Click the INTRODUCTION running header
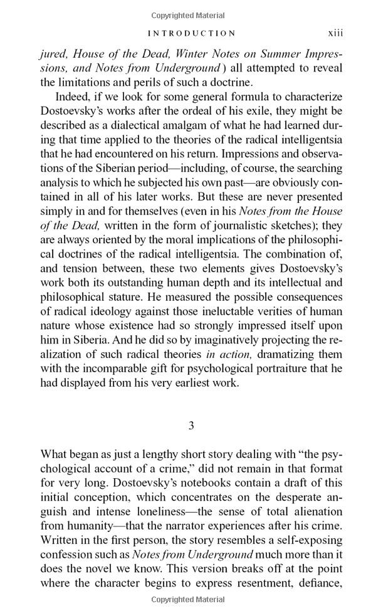tap(191, 33)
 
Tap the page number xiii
tap(335, 33)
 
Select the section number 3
tap(191, 425)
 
